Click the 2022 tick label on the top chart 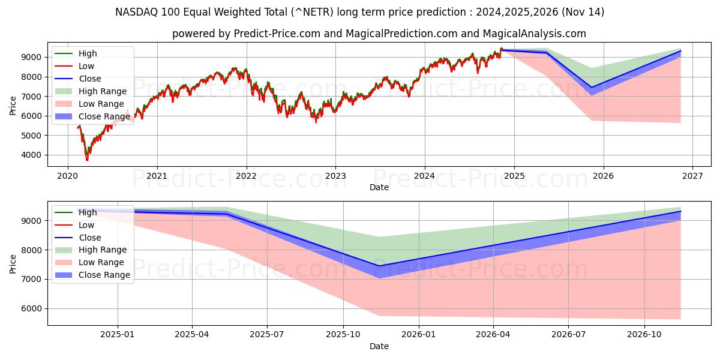(246, 176)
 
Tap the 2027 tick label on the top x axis (692, 176)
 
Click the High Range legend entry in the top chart (102, 91)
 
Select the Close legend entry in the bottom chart (89, 238)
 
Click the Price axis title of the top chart (13, 106)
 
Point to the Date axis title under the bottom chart (379, 346)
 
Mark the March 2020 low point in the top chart (87, 160)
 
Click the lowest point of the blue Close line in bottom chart (379, 266)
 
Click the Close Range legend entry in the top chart (104, 116)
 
